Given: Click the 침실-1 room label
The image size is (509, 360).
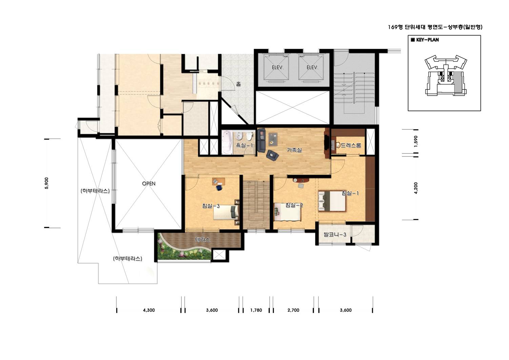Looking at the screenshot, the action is pos(350,193).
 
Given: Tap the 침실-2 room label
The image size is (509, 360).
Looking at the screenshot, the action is pos(294,205).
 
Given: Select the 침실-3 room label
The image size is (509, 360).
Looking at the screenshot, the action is pos(211,206).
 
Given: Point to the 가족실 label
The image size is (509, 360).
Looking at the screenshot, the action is pos(294,150).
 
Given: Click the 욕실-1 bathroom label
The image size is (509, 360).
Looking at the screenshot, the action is pos(244,145).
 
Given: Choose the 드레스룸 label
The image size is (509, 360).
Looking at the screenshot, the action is pos(351,145).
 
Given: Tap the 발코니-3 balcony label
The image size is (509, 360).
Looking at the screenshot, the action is pos(335,234).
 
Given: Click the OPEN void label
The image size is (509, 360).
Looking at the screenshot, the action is pos(149,184).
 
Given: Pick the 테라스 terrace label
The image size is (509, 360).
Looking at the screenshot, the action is pos(202,239).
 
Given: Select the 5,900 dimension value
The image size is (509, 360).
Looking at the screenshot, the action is pos(47,183).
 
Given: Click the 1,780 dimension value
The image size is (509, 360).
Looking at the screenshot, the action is pos(256,310).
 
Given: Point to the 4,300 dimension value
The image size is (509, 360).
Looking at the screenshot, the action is pos(149,310).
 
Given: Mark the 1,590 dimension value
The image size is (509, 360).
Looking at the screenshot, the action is pos(416,141).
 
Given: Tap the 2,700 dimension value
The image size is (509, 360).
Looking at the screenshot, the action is pos(293,310).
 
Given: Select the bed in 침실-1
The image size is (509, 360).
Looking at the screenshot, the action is pos(332,202).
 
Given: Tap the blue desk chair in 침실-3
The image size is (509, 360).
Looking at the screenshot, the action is pos(219,188).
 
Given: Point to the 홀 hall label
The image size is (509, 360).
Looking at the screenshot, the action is pos(238,84).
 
